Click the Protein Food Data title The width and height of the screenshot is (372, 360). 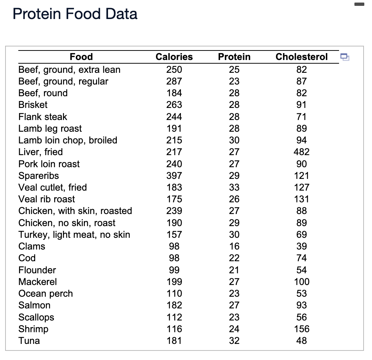[75, 14]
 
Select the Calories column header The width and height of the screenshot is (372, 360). [174, 57]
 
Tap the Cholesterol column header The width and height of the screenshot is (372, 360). [301, 57]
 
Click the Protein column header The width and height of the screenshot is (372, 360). [234, 57]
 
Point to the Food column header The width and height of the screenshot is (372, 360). [81, 57]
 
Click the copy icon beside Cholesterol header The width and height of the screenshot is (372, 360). [344, 57]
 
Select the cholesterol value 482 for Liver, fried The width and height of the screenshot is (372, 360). [301, 152]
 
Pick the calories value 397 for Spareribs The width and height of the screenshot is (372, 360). [174, 176]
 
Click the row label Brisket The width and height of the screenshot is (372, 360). [33, 105]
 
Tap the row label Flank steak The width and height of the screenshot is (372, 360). [43, 117]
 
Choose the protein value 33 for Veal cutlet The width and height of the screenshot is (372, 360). [234, 187]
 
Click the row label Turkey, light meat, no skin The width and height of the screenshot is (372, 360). [74, 235]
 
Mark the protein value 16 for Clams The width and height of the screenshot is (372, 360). [234, 246]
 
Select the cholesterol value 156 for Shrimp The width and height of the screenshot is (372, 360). [301, 329]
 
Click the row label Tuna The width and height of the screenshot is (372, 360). [29, 341]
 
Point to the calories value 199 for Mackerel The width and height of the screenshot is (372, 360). [174, 282]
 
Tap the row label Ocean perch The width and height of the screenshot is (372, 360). [46, 293]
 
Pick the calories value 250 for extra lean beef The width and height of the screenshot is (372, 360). [174, 70]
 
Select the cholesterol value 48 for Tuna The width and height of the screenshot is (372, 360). [301, 341]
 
